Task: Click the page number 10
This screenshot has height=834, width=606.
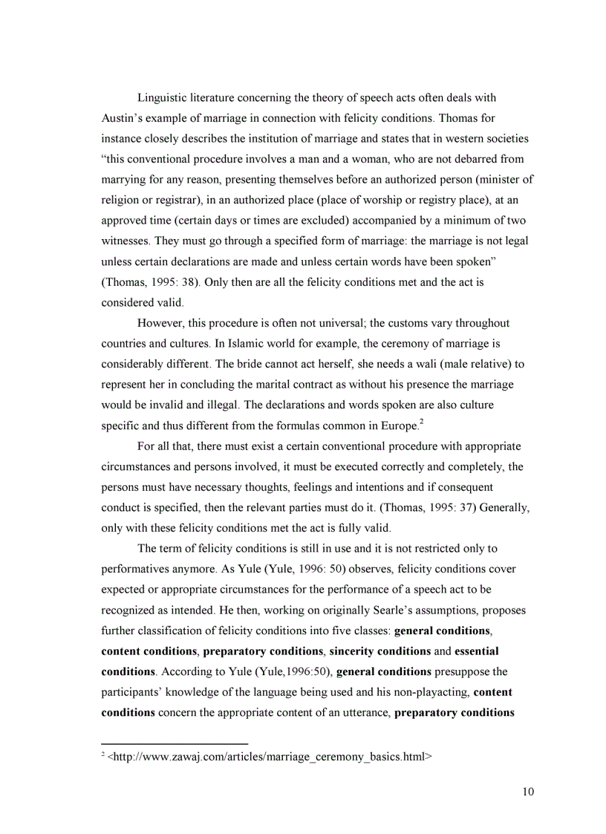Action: pos(527,791)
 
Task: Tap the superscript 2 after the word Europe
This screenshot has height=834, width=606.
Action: pos(422,422)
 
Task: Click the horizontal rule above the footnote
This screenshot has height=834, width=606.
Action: pos(174,743)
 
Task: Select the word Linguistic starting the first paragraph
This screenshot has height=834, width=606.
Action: pos(163,97)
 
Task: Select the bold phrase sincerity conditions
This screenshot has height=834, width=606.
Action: pos(380,651)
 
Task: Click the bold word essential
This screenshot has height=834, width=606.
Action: pos(476,651)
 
